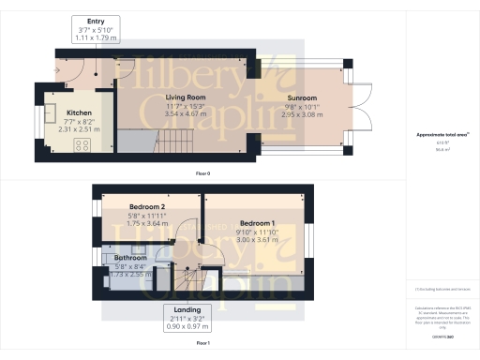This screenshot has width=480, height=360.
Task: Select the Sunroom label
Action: coord(302,97)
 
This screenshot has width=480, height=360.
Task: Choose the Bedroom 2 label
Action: coord(147,206)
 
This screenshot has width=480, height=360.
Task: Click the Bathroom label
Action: coord(130,257)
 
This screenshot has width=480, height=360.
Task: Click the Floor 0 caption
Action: coord(202,174)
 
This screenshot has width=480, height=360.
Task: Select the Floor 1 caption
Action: coord(202,344)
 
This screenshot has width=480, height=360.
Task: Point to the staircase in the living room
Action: coord(174,143)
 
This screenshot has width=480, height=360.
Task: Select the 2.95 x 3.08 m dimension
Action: coord(302,115)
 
